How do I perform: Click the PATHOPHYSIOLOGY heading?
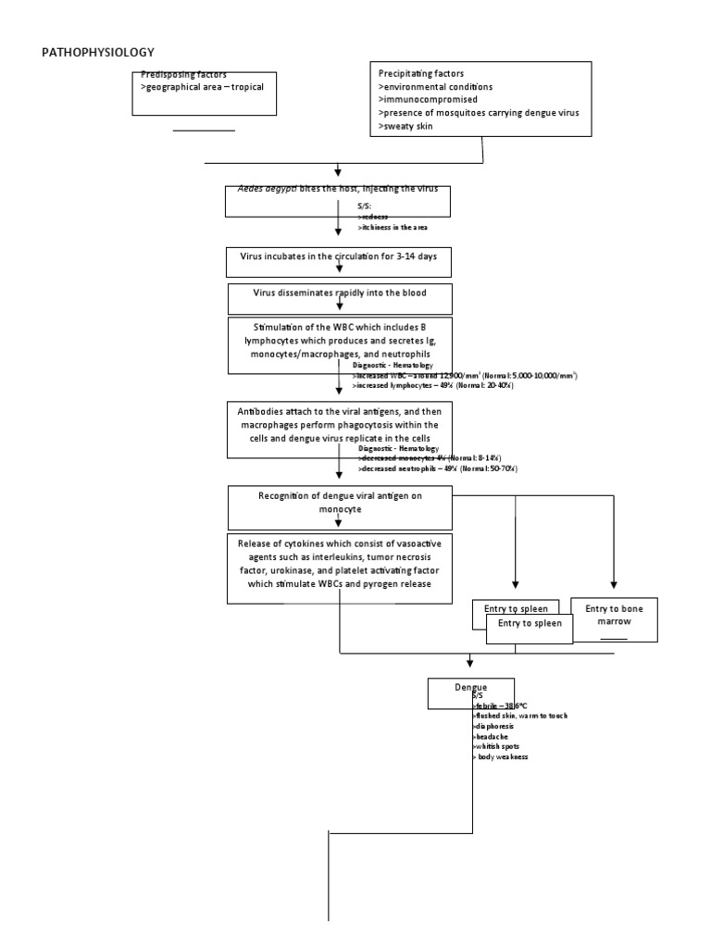(x=97, y=53)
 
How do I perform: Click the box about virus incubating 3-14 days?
(x=339, y=261)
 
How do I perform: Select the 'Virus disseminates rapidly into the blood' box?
(x=339, y=298)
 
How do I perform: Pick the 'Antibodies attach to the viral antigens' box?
(x=339, y=429)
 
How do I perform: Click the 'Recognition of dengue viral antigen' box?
(x=339, y=503)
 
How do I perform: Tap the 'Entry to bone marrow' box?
(x=614, y=619)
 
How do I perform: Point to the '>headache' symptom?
(x=491, y=736)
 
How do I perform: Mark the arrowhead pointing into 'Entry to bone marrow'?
(x=614, y=584)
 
